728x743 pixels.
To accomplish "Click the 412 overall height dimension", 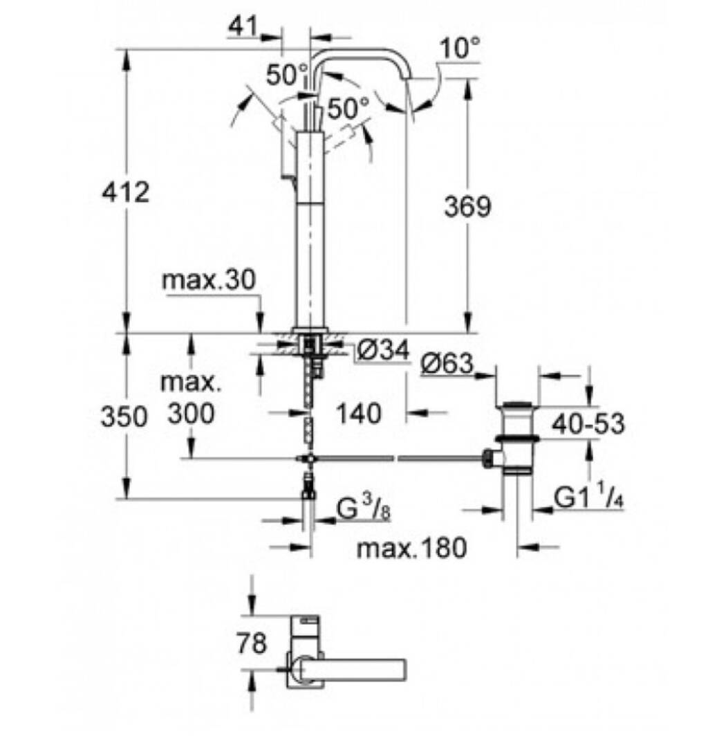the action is click(x=126, y=193).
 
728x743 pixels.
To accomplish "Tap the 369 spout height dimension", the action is click(x=467, y=207).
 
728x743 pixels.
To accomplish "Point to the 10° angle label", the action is click(x=460, y=48).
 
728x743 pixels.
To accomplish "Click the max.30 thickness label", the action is click(x=209, y=280).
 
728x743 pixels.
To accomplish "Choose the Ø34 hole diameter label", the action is click(x=383, y=351).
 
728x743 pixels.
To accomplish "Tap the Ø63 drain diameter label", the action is click(x=447, y=364).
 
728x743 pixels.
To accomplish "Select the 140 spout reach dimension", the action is click(x=359, y=413).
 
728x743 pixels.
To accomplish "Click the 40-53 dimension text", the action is click(x=589, y=423).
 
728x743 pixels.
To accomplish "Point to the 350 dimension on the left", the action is click(x=124, y=417).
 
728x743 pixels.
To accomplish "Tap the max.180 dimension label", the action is click(x=412, y=548).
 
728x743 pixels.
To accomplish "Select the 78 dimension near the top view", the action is click(x=252, y=643).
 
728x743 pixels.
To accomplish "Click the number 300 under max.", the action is click(x=192, y=414).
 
